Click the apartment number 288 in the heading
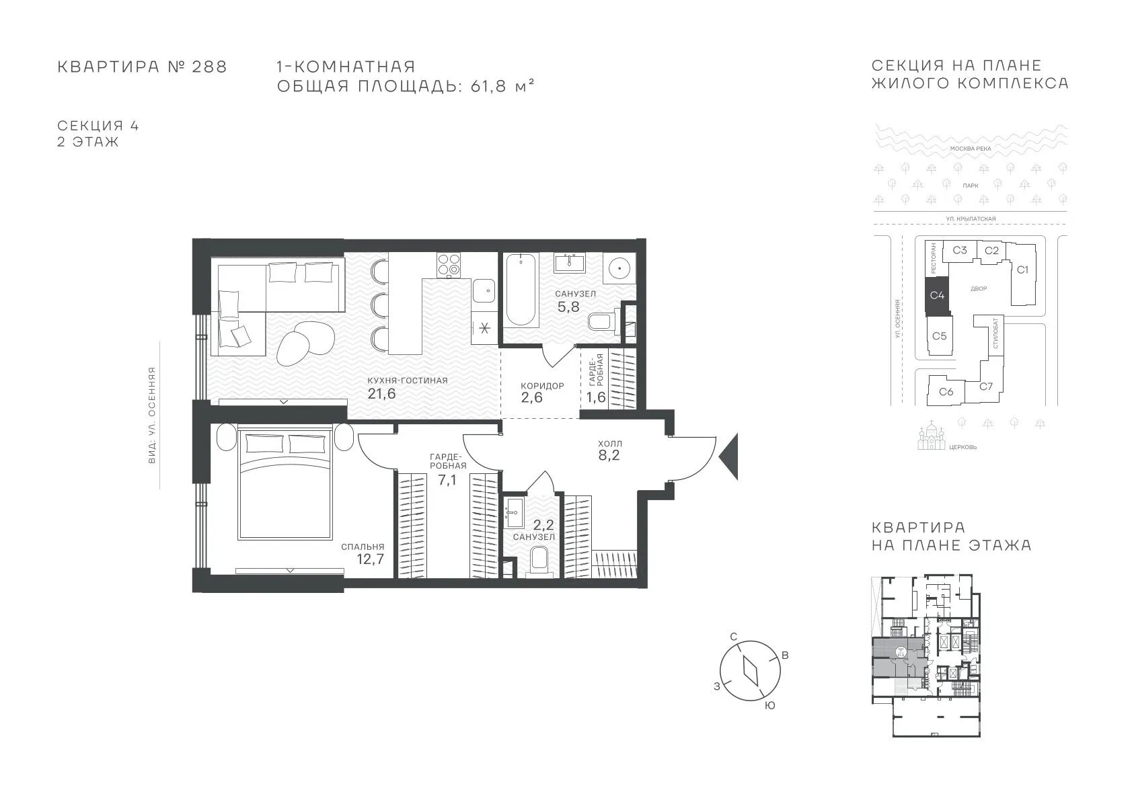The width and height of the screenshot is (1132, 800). [x=209, y=67]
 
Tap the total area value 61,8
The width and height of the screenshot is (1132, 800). [x=488, y=87]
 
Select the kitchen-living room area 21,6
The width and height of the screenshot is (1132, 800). [x=381, y=393]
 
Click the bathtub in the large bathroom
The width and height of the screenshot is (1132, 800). [x=521, y=290]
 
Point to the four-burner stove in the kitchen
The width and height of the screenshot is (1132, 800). [x=449, y=265]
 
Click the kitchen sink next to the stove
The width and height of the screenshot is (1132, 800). [x=484, y=290]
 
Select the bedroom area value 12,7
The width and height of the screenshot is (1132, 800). [x=371, y=559]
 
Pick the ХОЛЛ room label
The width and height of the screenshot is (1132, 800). [x=609, y=444]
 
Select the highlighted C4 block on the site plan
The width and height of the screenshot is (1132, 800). [x=937, y=295]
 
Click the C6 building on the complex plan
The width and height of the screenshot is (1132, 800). [x=946, y=391]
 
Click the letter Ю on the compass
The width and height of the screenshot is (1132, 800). [x=769, y=706]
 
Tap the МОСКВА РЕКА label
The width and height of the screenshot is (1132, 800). [x=971, y=149]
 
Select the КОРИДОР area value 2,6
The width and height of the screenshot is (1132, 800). [x=531, y=397]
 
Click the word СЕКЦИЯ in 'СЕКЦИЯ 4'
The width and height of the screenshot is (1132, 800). [x=90, y=125]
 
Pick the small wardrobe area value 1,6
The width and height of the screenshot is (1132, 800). [x=596, y=397]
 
